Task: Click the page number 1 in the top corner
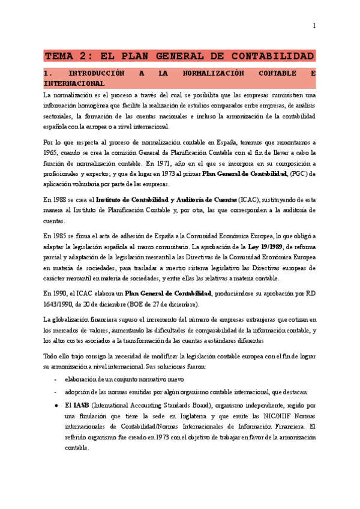pos(313,25)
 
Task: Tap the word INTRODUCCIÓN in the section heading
pos(111,73)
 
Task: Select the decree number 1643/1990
pos(59,304)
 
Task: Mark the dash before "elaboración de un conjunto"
pos(55,380)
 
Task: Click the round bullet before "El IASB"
pos(55,406)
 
